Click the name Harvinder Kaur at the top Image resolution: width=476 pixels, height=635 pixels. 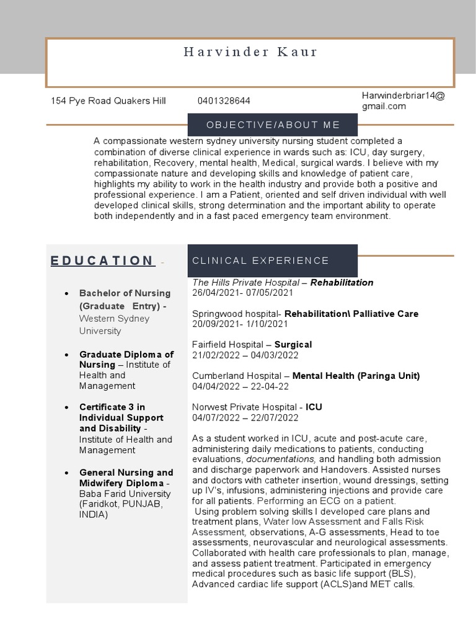coord(250,52)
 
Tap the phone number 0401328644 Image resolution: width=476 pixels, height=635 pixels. coord(224,101)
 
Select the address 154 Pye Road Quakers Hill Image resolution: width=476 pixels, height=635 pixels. coord(108,101)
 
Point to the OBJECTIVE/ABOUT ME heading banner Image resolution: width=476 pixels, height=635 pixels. coord(273,125)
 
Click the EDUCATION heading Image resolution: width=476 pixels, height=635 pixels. coord(102,260)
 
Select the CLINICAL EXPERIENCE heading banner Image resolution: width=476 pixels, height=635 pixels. coord(261,260)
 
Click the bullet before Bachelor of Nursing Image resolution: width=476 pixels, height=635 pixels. coord(66,293)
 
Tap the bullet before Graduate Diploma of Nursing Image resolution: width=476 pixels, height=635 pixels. coord(66,355)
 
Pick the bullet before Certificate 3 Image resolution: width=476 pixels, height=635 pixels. coord(66,407)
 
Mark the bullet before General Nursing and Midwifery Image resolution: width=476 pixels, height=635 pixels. coord(66,473)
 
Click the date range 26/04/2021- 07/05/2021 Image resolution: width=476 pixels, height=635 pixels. coord(243,293)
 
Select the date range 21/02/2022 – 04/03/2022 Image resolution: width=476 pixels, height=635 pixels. coord(245,355)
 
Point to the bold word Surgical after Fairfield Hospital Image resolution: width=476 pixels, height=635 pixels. coord(293,344)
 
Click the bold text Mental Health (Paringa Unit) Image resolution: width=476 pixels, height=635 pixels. coord(356,376)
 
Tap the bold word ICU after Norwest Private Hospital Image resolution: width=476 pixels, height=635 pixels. coord(314,407)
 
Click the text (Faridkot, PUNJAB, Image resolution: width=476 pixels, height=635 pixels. coord(121,504)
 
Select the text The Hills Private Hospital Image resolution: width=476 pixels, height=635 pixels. coord(242,282)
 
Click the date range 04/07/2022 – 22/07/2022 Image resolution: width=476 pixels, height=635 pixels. coord(245,418)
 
